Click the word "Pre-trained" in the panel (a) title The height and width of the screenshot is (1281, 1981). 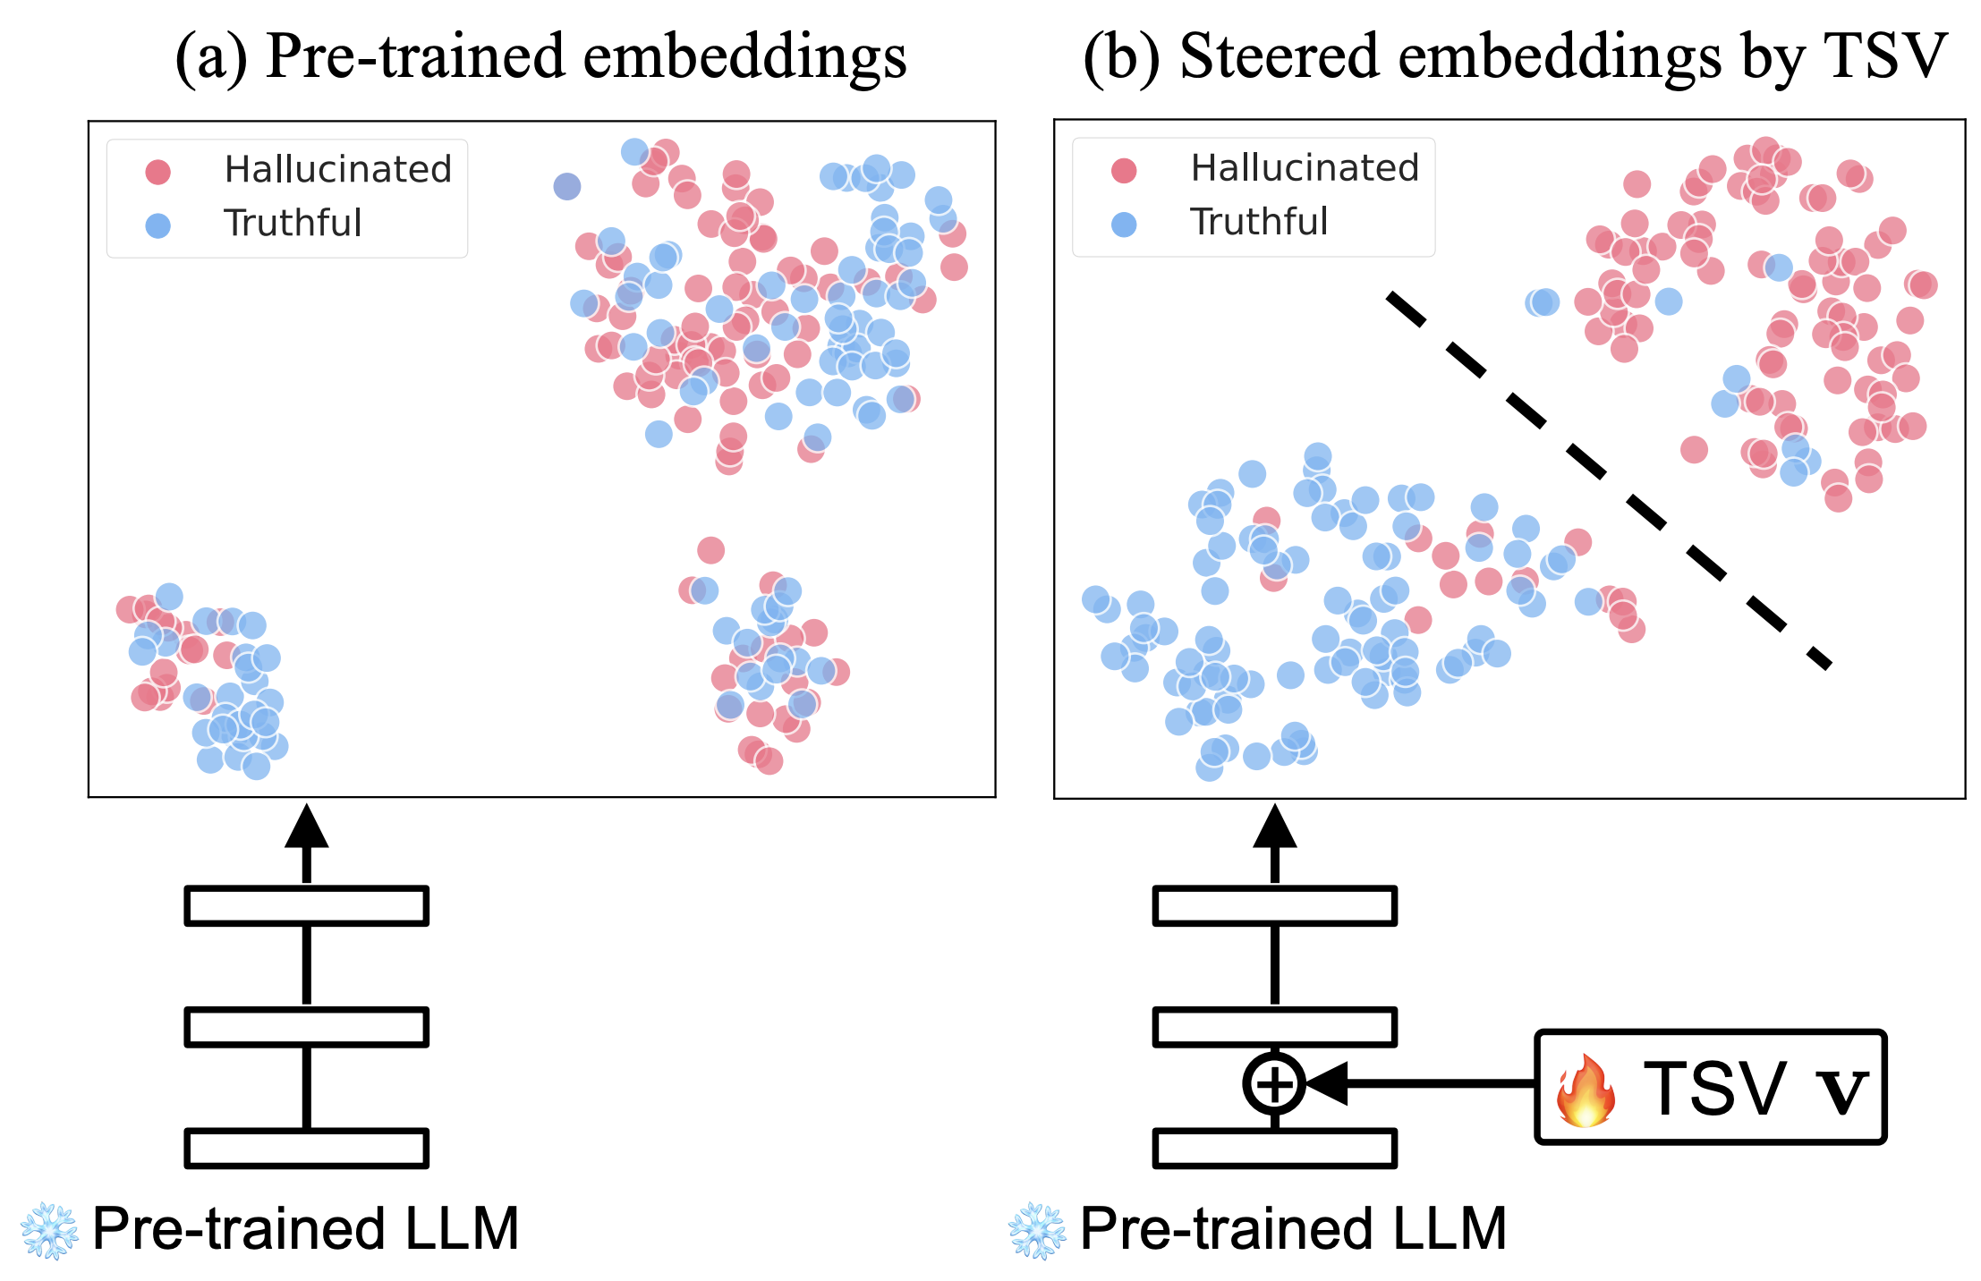click(x=415, y=55)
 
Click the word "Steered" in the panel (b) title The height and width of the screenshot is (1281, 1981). click(x=1280, y=55)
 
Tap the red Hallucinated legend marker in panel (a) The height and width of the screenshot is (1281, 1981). click(x=158, y=171)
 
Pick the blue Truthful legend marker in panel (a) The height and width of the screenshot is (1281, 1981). click(x=158, y=225)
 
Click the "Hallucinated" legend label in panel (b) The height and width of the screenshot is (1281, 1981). click(x=1305, y=168)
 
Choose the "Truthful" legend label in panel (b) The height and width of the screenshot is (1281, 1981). click(x=1259, y=222)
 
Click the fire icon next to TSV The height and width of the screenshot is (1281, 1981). click(x=1585, y=1090)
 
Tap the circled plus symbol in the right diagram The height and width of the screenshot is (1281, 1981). click(x=1274, y=1083)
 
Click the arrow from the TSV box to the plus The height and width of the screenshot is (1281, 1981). click(x=1423, y=1083)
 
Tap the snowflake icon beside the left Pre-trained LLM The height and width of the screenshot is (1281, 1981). click(x=49, y=1231)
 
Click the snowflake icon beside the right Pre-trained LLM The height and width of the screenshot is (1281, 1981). click(x=1037, y=1231)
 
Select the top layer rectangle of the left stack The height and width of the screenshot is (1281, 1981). click(x=306, y=905)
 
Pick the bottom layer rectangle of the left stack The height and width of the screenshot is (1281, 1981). click(x=306, y=1149)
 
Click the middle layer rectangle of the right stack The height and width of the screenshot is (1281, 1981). click(x=1274, y=1026)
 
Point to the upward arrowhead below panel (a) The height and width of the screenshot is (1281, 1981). click(x=306, y=827)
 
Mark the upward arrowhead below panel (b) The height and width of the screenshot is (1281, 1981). click(x=1274, y=827)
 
